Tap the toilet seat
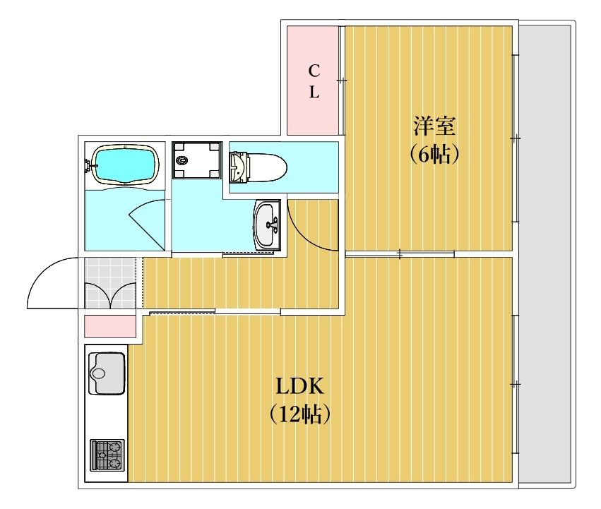[268, 168]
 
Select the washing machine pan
[197, 160]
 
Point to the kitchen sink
[107, 373]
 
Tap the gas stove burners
[107, 455]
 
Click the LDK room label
[300, 387]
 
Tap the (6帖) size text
[434, 155]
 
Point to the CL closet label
[314, 82]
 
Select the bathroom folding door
[147, 225]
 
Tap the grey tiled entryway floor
[110, 283]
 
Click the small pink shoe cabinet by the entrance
[110, 326]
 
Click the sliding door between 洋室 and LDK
[400, 253]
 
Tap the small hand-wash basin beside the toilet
[239, 167]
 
